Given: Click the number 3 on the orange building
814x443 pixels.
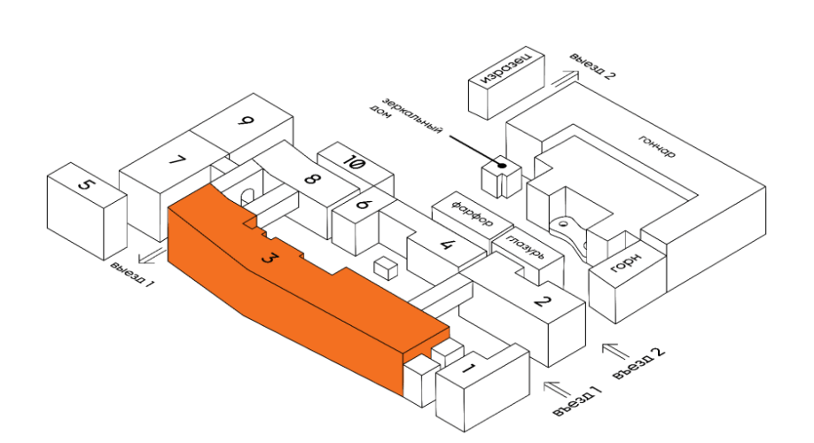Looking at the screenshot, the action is (268, 257).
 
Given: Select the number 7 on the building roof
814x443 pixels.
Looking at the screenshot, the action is (177, 159).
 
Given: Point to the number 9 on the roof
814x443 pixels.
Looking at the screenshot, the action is (246, 121).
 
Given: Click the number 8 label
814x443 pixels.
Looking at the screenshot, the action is (310, 179).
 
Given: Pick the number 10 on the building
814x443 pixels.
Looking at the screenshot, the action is (355, 163).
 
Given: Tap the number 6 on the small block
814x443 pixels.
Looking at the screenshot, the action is (363, 204).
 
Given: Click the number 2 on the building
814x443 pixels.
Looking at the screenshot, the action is (542, 301).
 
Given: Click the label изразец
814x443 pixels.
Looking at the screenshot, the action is (505, 68).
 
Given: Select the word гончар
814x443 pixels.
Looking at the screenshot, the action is (657, 146).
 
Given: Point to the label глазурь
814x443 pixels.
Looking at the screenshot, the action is (526, 247).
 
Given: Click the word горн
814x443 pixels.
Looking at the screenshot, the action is (625, 263).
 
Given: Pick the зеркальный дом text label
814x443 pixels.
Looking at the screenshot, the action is (405, 116).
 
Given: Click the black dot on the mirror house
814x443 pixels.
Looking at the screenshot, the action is (502, 166).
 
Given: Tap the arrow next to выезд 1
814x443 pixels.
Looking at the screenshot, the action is (152, 256).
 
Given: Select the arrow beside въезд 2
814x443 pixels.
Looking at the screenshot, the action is (615, 351).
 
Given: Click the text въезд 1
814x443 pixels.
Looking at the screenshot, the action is (577, 401).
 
